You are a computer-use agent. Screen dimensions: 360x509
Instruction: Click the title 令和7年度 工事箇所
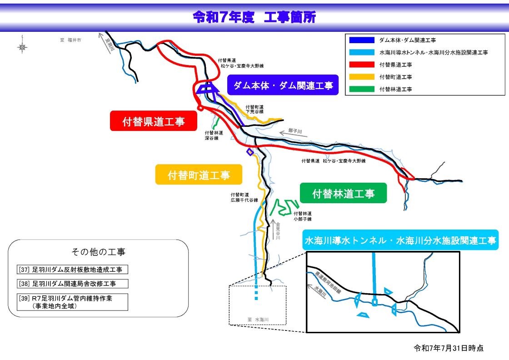254,17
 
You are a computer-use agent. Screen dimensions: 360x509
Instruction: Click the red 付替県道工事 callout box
153,121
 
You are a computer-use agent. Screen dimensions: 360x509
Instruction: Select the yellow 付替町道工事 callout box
199,175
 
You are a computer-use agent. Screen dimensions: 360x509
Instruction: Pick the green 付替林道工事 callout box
343,193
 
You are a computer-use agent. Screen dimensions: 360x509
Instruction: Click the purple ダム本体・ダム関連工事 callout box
283,85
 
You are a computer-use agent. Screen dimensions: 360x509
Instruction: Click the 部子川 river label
295,131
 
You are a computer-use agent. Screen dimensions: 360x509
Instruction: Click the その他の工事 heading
99,251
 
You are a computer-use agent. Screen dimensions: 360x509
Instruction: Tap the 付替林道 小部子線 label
302,216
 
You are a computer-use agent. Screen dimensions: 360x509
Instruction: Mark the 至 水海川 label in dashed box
258,320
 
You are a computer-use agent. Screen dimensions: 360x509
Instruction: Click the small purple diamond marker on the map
250,152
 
